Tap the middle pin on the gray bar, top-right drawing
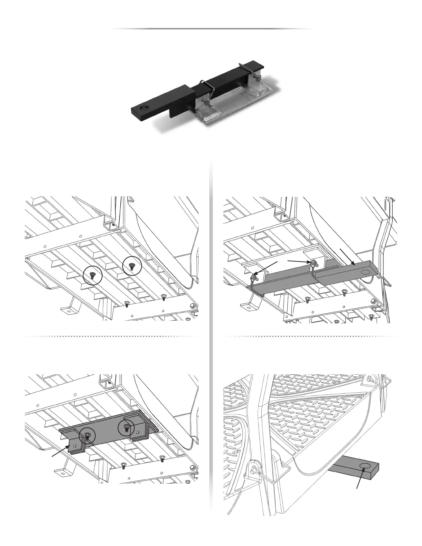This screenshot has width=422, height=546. (x=314, y=263)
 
